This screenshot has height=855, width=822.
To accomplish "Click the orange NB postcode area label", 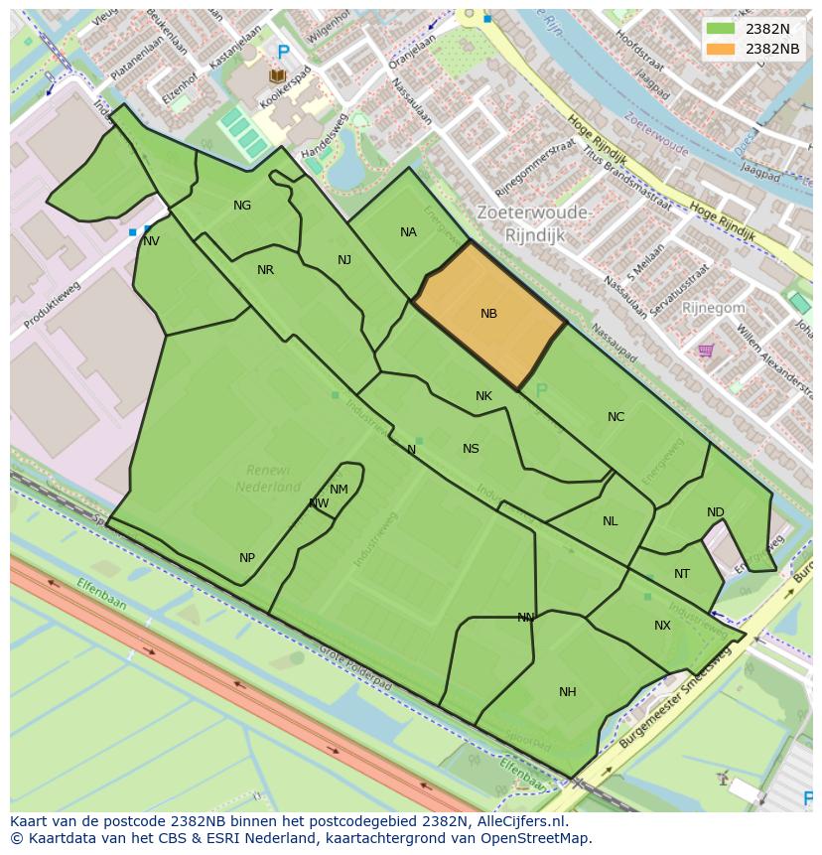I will coord(488,314).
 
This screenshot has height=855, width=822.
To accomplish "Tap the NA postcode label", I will coord(408,232).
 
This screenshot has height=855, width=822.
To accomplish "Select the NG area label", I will coord(242,206).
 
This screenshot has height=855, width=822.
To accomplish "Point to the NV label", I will coord(151,241).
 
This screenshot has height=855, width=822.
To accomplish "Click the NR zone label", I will coord(265,270).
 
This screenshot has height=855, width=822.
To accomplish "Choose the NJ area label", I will coord(344,260).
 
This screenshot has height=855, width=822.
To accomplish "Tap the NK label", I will coord(483,396).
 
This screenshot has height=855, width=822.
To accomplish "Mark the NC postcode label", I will coord(616,417).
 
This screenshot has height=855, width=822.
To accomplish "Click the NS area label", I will coord(471,449).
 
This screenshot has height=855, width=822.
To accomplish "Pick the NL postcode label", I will coord(610,521).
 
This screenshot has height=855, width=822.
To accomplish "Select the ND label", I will coord(715,512).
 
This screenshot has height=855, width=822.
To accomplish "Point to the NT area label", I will coord(681,574).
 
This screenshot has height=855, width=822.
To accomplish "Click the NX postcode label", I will coord(662,626).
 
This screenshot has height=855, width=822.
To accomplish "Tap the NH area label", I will coord(567,692).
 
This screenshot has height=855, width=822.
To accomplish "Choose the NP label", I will coord(247,558).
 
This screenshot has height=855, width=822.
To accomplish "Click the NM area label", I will coord(339,489).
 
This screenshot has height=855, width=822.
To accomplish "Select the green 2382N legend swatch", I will coord(721,29).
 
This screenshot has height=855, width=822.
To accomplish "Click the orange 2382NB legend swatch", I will coord(721,49).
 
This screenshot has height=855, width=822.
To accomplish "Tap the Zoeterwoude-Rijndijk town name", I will coord(534,224).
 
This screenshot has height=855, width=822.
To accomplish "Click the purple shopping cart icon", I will coord(706,350).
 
